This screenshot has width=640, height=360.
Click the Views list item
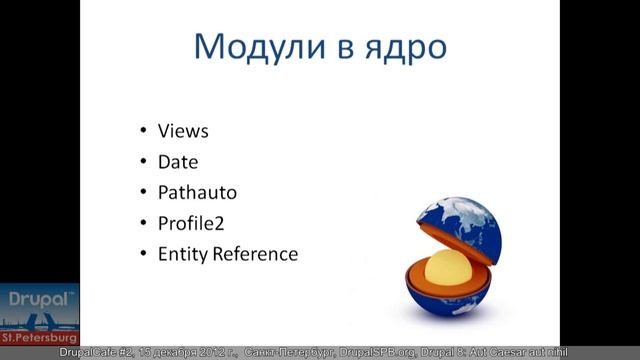[183, 131]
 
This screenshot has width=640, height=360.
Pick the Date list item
[178, 161]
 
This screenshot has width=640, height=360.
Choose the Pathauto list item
[197, 192]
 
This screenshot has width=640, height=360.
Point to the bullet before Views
[143, 132]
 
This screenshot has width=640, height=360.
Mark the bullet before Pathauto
[143, 193]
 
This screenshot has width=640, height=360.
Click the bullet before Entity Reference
[143, 254]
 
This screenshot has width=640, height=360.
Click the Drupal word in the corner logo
[36, 298]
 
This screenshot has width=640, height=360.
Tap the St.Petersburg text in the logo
[39, 338]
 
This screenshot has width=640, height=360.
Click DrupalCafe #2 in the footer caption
[99, 352]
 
